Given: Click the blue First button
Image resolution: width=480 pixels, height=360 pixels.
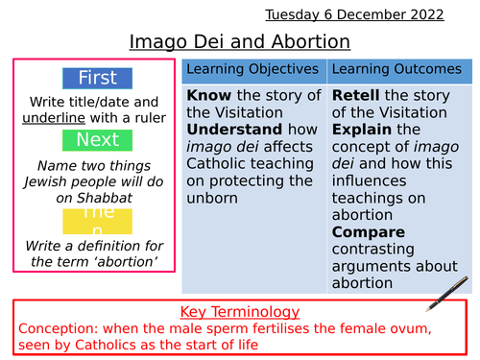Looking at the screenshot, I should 97,78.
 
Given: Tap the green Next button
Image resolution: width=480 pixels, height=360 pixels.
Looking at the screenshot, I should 97,140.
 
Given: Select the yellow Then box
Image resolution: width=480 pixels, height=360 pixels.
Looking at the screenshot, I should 97,221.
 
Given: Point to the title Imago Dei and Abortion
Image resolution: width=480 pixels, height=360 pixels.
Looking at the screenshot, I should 240,41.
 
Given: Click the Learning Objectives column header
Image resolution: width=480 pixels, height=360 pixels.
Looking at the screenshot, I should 252,70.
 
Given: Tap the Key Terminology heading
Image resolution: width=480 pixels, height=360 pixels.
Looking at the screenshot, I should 240,312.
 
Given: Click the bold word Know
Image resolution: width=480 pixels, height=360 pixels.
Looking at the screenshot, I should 207,96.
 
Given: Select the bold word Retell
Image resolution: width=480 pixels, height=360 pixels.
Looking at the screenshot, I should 355,96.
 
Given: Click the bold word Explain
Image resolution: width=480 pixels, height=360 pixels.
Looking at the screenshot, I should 362,130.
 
